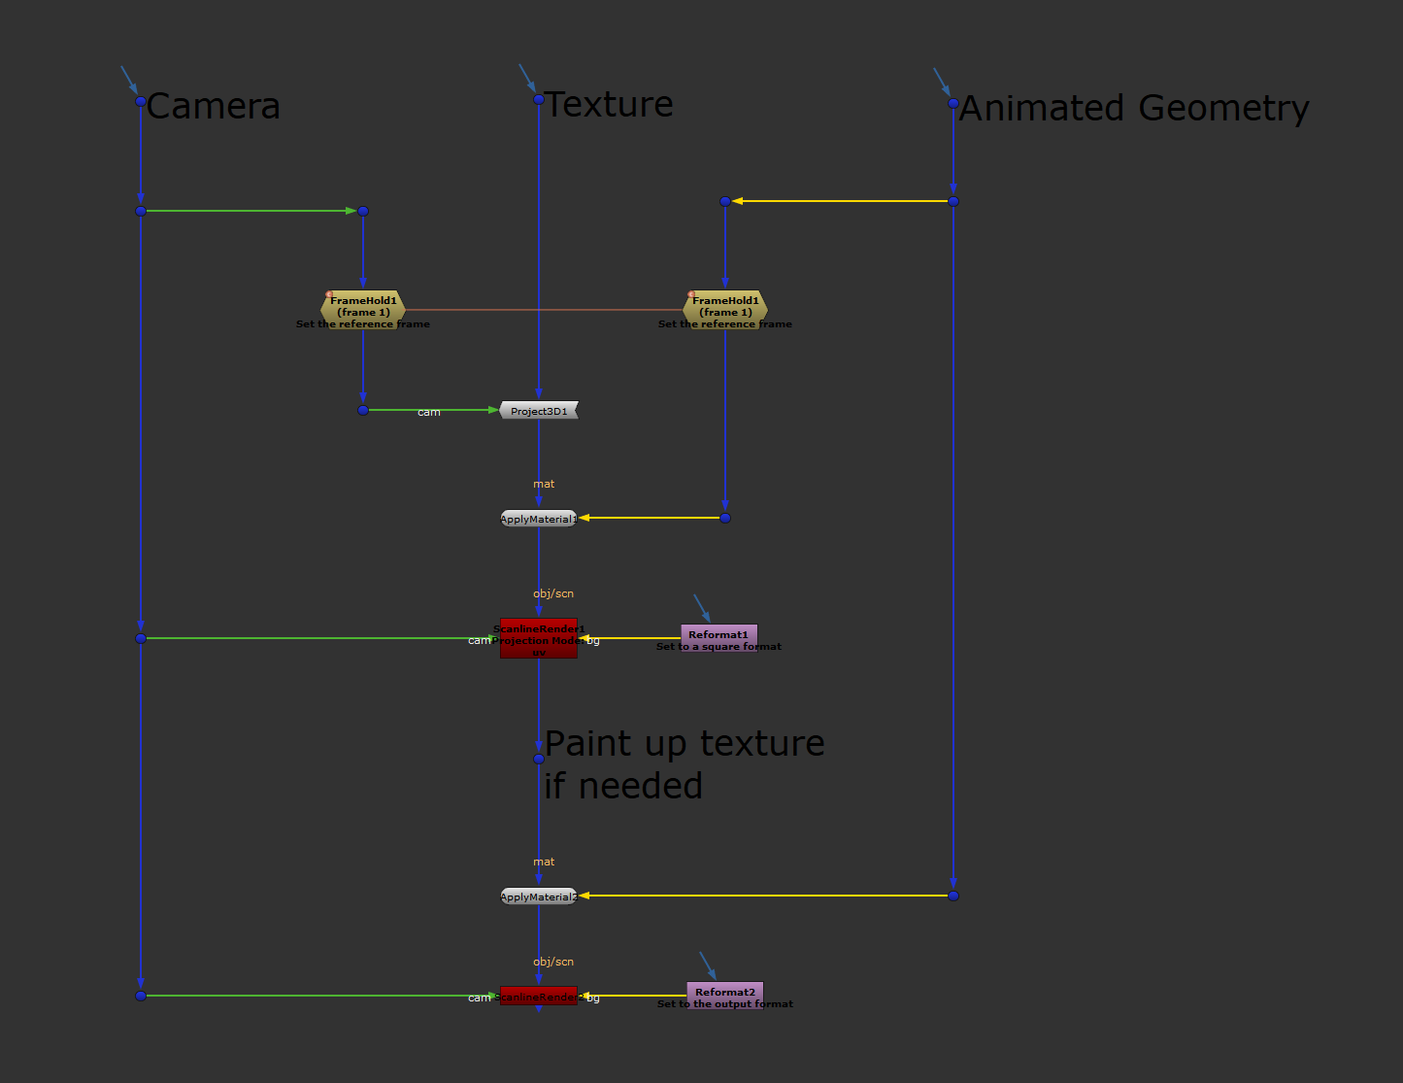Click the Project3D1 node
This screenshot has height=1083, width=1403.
tap(539, 411)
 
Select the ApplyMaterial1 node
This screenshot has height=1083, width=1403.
tap(539, 519)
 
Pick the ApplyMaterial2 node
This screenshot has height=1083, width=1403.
tap(539, 897)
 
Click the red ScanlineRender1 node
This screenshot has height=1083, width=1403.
tap(539, 638)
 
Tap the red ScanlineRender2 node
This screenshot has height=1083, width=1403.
tap(539, 996)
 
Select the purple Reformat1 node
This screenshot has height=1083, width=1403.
tap(718, 636)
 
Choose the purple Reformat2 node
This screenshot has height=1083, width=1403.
tap(724, 994)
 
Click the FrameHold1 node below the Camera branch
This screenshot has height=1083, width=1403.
tap(363, 308)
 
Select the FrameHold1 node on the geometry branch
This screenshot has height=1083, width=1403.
tap(725, 308)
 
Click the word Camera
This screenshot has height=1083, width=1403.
tap(214, 106)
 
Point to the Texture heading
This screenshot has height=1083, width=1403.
tap(609, 104)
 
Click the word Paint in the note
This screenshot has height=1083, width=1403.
tap(588, 743)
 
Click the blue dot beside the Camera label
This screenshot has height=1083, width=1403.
tap(141, 101)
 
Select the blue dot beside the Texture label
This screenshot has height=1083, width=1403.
tap(539, 99)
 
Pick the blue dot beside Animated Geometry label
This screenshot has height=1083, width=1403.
tap(953, 103)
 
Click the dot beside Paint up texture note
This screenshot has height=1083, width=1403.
tap(539, 759)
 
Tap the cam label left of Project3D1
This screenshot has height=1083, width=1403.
tap(429, 413)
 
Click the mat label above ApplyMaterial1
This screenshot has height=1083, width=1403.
tap(544, 484)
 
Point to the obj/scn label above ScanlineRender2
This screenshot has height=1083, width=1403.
tap(553, 962)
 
